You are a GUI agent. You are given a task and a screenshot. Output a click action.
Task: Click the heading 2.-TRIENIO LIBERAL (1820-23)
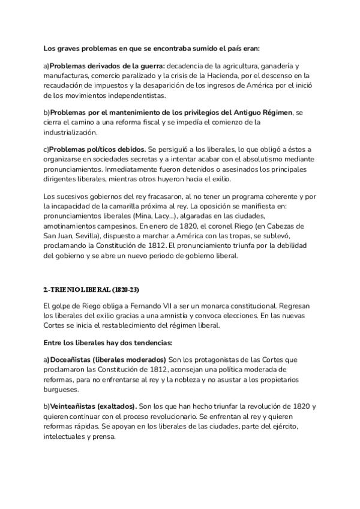[x=91, y=290]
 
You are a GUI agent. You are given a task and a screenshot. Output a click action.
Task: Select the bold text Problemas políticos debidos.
[x=97, y=149]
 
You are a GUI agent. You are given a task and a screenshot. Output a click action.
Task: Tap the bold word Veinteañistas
[x=73, y=406]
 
